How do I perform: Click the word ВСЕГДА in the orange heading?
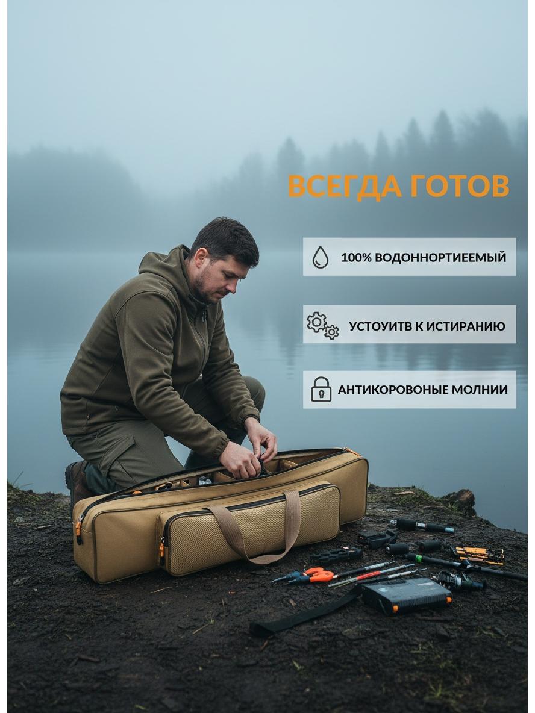point(345,186)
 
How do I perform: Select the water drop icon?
point(321,257)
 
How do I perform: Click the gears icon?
point(322,326)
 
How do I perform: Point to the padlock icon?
point(321,389)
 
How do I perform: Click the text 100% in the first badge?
point(357,257)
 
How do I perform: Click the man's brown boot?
point(77,483)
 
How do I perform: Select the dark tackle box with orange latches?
point(406,595)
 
